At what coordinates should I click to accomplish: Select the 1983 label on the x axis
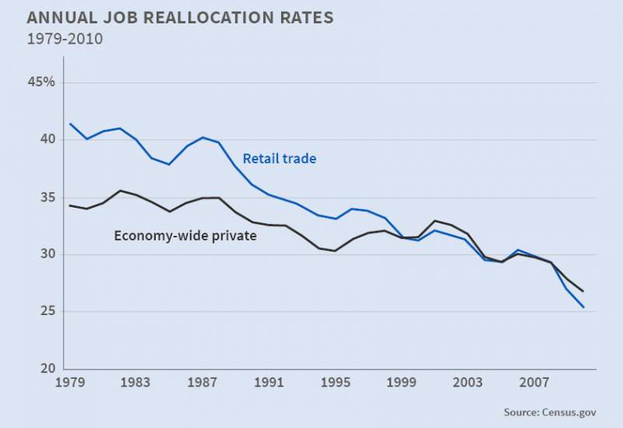tap(136, 383)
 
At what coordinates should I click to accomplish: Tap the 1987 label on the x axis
tap(202, 383)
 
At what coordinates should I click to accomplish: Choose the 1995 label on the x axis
tap(336, 383)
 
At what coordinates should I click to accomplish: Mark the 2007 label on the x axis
tap(536, 383)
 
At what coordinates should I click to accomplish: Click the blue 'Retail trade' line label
tap(280, 159)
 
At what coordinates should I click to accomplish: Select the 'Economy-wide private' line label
tap(185, 235)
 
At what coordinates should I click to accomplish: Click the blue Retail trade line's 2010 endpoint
tap(583, 307)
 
